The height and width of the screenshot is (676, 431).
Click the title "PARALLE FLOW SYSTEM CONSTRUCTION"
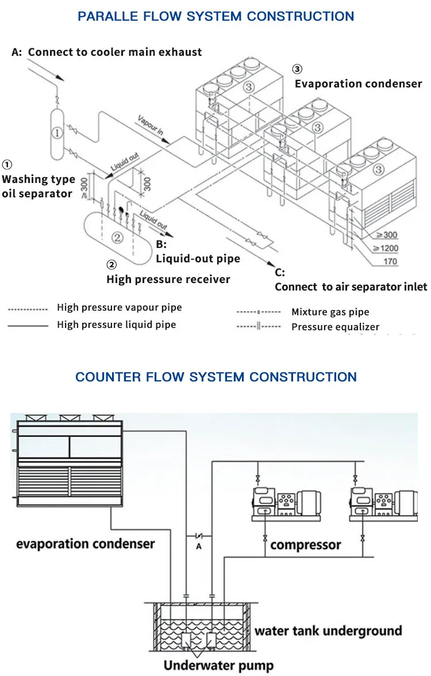[x=215, y=16]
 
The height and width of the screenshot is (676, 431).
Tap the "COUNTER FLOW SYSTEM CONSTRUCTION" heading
[x=216, y=377]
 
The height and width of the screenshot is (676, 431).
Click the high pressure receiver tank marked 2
[x=116, y=236]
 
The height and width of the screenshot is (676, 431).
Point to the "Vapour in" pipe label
[x=151, y=125]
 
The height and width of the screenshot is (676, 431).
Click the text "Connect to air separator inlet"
[x=351, y=287]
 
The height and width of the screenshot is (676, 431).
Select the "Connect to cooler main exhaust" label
[x=115, y=52]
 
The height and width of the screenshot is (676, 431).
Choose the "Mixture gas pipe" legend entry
[x=330, y=312]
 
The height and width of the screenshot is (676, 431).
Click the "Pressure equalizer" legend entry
[x=335, y=327]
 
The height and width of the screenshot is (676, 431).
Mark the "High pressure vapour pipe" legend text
[x=119, y=307]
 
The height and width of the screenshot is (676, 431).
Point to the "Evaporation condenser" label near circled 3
[x=358, y=83]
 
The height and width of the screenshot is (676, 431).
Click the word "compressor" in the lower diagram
[x=305, y=544]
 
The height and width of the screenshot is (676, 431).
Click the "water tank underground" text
[x=328, y=631]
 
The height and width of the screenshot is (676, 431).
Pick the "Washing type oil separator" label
[x=38, y=186]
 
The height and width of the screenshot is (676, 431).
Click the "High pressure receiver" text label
[x=168, y=279]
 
